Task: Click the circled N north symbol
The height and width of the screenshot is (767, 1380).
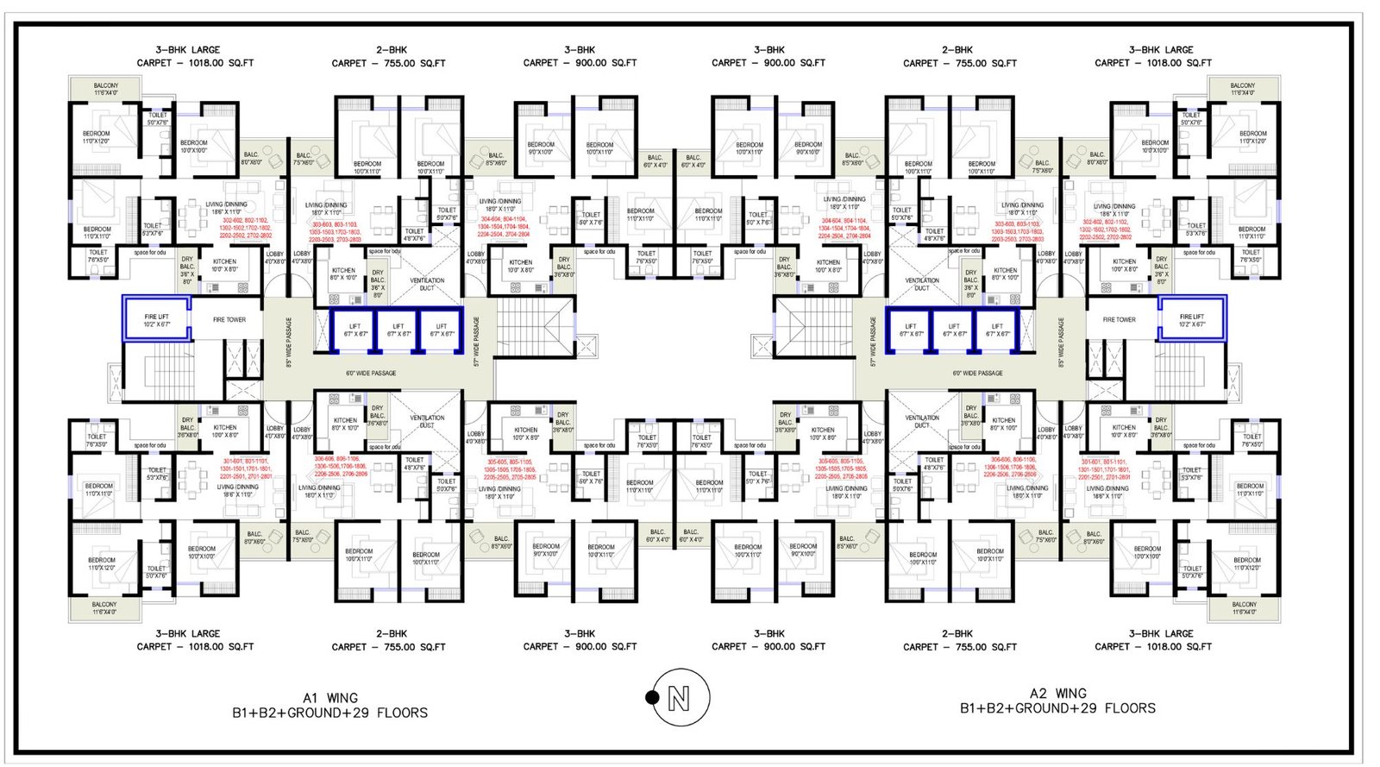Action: click(x=681, y=697)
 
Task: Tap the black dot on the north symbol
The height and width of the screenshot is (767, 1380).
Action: click(x=653, y=697)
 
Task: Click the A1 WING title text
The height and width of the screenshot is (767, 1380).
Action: click(x=330, y=698)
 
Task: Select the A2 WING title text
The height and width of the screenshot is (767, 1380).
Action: click(x=1058, y=694)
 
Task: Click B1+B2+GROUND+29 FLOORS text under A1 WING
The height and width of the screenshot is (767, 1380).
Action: click(x=329, y=714)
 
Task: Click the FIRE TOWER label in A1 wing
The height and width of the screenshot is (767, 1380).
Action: click(x=229, y=320)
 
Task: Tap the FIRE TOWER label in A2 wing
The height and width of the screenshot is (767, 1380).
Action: click(x=1119, y=320)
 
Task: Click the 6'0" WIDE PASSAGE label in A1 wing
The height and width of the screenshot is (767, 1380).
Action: click(x=371, y=374)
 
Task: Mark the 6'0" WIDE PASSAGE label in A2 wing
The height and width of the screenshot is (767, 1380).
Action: click(x=977, y=374)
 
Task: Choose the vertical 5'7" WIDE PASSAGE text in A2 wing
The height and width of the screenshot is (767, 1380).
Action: click(x=873, y=342)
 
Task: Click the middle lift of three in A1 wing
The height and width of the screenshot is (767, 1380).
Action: click(x=398, y=330)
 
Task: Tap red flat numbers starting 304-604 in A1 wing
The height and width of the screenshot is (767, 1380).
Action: click(x=505, y=227)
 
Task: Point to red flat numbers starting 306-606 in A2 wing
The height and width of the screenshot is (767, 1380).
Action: click(x=1013, y=467)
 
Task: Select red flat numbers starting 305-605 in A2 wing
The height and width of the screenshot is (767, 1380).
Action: click(x=841, y=468)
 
